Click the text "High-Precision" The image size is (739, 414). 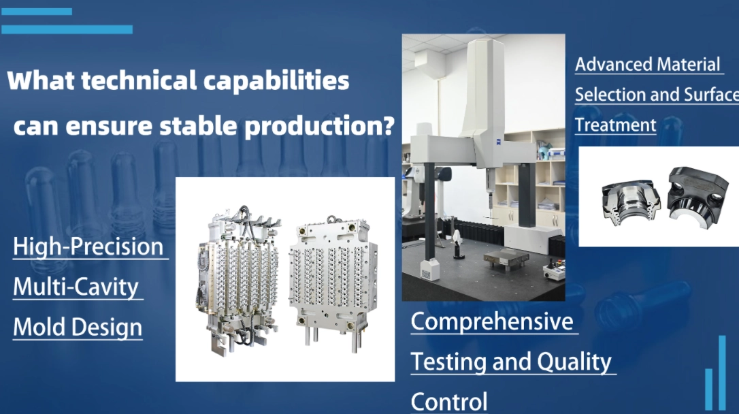pos(88,246)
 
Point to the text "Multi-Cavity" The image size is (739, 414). pos(76,287)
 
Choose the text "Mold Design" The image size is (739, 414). pos(78,328)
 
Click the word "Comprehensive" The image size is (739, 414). pos(492,321)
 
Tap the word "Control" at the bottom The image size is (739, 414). pos(449,401)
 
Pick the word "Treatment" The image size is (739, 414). pos(615,125)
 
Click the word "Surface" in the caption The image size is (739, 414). pos(708,95)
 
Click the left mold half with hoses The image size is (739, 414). pos(237,279)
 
